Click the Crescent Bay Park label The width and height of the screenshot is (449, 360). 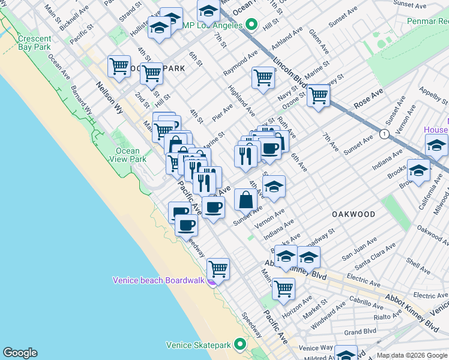pyautogui.click(x=34, y=41)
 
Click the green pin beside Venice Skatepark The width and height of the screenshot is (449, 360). pyautogui.click(x=240, y=344)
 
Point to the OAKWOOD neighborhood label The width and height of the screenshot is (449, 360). pyautogui.click(x=354, y=214)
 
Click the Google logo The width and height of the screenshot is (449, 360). pyautogui.click(x=19, y=353)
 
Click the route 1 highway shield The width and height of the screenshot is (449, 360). pyautogui.click(x=384, y=133)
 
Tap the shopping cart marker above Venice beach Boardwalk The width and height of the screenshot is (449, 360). pyautogui.click(x=218, y=269)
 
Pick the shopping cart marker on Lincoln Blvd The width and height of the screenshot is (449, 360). pyautogui.click(x=318, y=95)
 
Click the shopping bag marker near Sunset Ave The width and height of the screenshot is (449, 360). pyautogui.click(x=246, y=199)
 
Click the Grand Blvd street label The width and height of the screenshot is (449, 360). pyautogui.click(x=360, y=331)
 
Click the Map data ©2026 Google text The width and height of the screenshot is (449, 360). pyautogui.click(x=412, y=355)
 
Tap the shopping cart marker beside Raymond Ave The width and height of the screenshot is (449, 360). pyautogui.click(x=263, y=77)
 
